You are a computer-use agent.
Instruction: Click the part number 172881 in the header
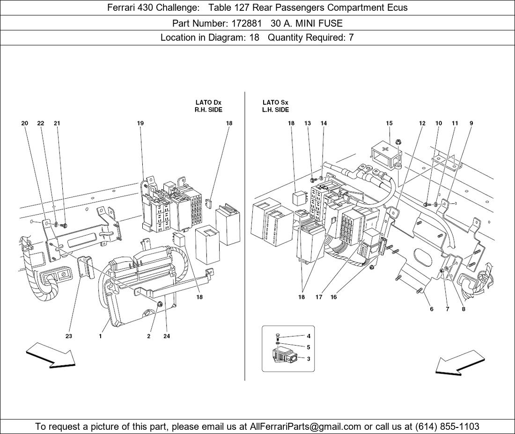point(246,23)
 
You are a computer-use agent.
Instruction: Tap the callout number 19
point(140,123)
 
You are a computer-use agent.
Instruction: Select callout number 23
point(69,336)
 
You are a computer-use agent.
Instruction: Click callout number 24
point(167,336)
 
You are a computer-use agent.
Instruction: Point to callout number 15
point(389,123)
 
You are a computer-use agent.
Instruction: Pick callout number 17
point(318,297)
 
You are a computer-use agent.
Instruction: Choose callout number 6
point(432,309)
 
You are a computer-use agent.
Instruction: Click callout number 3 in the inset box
point(309,359)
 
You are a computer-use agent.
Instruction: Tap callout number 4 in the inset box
point(309,336)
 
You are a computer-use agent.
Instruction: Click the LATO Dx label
point(208,103)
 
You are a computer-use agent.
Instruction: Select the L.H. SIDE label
point(276,110)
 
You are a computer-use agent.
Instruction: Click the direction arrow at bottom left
point(51,354)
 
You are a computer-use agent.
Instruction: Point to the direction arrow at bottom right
point(460,362)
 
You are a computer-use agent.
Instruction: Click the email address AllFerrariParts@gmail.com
point(305,427)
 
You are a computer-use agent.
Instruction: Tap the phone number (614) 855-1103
point(447,427)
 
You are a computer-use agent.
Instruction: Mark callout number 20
point(25,123)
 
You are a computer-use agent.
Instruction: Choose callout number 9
point(471,123)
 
